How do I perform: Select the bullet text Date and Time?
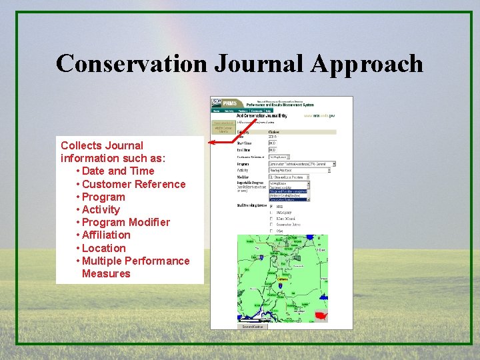tap(118, 171)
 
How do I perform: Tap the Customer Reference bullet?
tap(133, 184)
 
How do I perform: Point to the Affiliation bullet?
tap(106, 235)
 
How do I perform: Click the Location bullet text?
tap(103, 248)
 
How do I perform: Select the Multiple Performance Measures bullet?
tap(135, 267)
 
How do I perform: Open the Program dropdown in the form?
tap(302, 163)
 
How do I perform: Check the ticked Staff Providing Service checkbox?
tap(271, 207)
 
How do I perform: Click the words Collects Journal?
tap(102, 145)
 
